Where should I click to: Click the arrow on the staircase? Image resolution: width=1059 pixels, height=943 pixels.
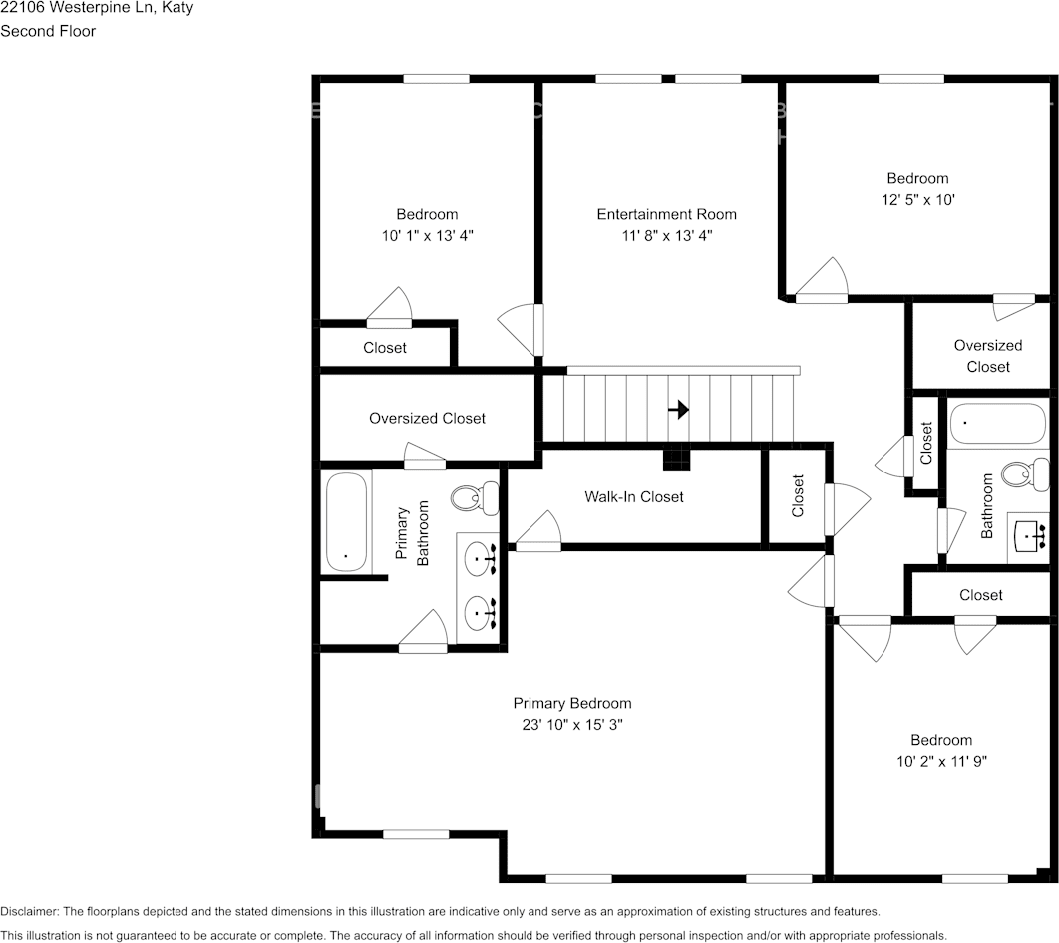pos(678,409)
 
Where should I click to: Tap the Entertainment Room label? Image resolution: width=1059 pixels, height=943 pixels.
pos(666,214)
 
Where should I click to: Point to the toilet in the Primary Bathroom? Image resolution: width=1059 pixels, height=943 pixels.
pos(474,496)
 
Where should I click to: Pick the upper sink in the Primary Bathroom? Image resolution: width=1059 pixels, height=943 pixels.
pos(481,558)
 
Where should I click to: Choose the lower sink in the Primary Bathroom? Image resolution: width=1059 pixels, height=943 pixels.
pos(481,608)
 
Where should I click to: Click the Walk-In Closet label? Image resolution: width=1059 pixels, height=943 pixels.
pos(634,496)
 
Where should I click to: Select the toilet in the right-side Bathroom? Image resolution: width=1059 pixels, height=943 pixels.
pos(1023,471)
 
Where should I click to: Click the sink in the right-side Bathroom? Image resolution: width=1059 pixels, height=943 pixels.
pos(1029,538)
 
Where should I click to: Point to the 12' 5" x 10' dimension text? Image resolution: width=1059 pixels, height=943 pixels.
pos(917,199)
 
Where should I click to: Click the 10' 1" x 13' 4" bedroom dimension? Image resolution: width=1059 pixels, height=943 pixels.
pos(427,236)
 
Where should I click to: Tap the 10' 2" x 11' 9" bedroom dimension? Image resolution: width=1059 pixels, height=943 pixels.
pos(940,761)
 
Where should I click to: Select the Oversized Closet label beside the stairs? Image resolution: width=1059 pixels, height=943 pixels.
pos(427,418)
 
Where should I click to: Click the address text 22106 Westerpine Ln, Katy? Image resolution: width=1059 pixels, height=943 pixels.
pos(97,8)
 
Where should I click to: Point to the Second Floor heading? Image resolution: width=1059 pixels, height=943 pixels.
pos(48,31)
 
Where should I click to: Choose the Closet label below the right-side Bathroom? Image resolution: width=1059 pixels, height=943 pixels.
pos(980,595)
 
